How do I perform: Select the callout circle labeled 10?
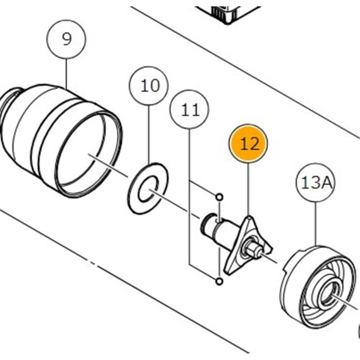(x=150, y=85)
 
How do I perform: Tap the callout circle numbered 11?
(x=189, y=109)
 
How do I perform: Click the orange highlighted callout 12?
(x=249, y=144)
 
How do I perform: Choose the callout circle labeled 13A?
(x=315, y=182)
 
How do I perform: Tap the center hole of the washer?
(x=148, y=188)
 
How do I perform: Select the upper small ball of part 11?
(x=219, y=197)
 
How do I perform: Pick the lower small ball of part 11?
(x=219, y=281)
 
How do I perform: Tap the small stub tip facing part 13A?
(x=260, y=250)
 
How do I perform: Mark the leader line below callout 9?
(x=66, y=72)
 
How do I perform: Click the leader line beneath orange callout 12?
(x=249, y=189)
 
